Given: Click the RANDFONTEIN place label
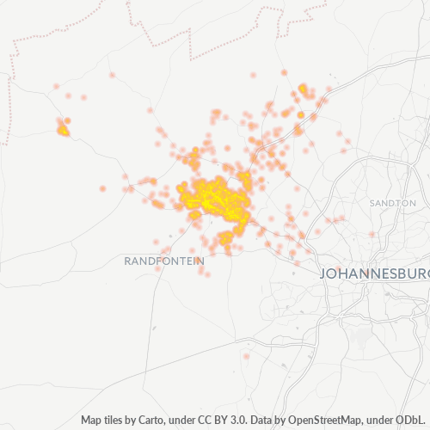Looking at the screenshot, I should click(x=164, y=260).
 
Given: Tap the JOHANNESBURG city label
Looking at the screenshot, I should click(x=374, y=274).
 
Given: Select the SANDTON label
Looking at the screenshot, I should click(x=392, y=202).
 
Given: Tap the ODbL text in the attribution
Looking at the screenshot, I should click(x=413, y=421).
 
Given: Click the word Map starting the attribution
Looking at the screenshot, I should click(x=91, y=421).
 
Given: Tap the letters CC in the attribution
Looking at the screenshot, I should click(x=190, y=421).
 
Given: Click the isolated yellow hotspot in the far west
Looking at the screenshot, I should click(x=63, y=131).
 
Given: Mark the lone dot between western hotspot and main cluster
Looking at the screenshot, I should click(x=102, y=188).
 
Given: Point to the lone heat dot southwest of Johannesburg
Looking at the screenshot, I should click(x=246, y=356).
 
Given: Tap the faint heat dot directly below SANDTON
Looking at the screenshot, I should click(x=372, y=234).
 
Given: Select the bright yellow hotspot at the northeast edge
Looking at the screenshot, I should click(x=304, y=89).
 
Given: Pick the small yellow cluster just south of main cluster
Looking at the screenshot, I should click(x=226, y=237).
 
